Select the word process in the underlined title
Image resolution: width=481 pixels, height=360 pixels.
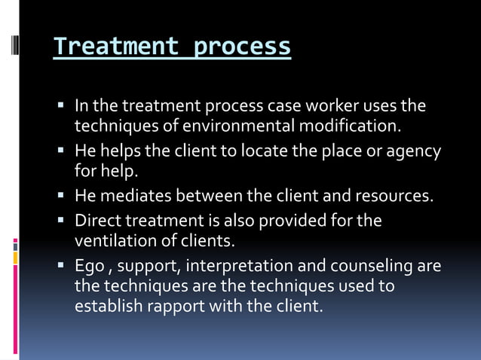[242, 47]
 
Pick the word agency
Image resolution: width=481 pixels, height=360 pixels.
[414, 151]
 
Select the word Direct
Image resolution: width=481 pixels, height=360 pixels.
[96, 221]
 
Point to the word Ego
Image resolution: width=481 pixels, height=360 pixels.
[89, 267]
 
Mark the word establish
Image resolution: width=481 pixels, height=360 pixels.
[105, 307]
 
